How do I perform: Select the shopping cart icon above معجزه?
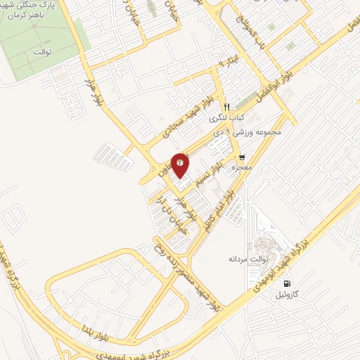point(242,157)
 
